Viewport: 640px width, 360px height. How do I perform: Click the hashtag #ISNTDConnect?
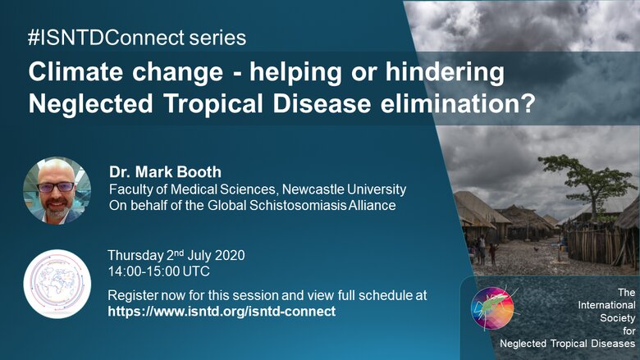pos(106,38)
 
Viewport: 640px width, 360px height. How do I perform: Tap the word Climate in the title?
pos(75,72)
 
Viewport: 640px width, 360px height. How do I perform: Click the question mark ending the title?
pos(528,103)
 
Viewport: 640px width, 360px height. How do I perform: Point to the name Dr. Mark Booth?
pos(165,171)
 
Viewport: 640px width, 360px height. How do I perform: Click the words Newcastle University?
pos(344,189)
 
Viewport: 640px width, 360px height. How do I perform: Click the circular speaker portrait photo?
pos(57,191)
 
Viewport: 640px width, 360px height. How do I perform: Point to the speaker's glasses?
pos(56,187)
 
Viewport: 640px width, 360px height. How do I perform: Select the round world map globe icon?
pos(57,284)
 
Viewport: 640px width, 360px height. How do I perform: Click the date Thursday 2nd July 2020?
pos(176,255)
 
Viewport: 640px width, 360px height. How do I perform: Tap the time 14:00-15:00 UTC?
pos(159,271)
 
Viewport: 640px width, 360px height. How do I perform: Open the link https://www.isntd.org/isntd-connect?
pos(222,312)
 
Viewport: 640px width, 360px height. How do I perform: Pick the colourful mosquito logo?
pos(492,308)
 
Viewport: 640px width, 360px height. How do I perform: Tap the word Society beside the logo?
pos(617,317)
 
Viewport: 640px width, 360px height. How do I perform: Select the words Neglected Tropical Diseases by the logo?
pos(567,344)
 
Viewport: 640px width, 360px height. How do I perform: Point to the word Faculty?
pos(129,189)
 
